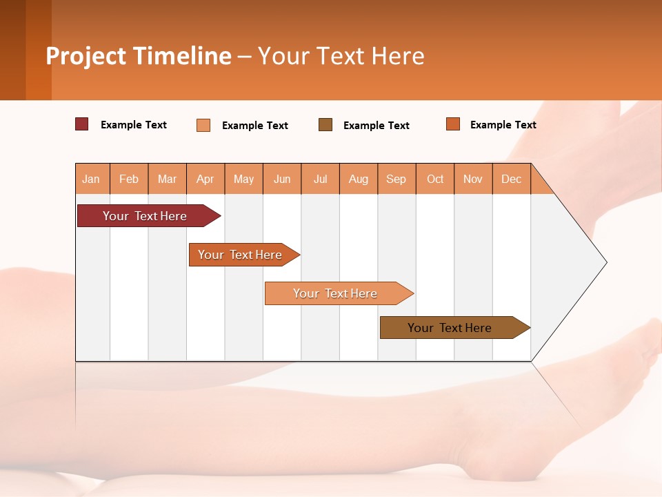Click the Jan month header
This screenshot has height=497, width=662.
[x=91, y=179]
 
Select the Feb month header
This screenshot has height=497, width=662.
[x=129, y=179]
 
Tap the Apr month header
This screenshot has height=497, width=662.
[x=205, y=179]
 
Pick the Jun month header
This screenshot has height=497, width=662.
[x=282, y=179]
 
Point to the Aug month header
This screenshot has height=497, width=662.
[x=358, y=179]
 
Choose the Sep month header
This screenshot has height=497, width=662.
[x=396, y=179]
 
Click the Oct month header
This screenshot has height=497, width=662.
[x=435, y=179]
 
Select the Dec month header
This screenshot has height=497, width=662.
[x=511, y=179]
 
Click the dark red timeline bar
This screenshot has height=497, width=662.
[x=145, y=216]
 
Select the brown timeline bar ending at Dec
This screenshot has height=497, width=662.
[x=450, y=328]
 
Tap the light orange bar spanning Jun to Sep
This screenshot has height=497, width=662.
[x=335, y=293]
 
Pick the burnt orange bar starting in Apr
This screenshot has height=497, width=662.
[x=240, y=255]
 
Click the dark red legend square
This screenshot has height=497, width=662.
[x=82, y=124]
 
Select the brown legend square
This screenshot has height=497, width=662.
[x=325, y=125]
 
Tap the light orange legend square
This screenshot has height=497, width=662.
[x=203, y=125]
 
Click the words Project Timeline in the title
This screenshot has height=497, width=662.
[x=139, y=56]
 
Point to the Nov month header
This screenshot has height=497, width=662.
[x=472, y=179]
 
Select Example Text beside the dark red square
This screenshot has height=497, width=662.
[x=134, y=125]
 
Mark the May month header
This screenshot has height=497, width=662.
[x=243, y=179]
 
